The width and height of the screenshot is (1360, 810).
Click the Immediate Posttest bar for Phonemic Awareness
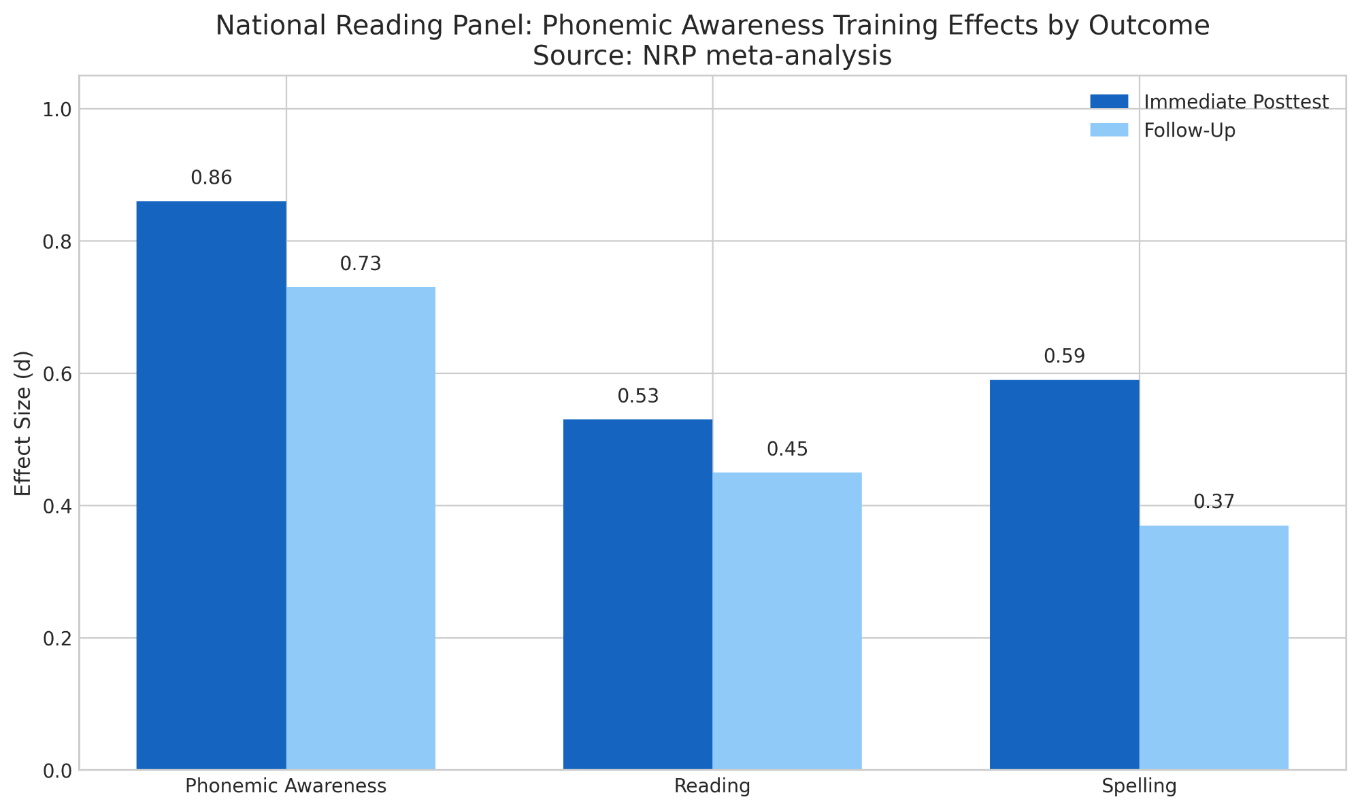point(211,486)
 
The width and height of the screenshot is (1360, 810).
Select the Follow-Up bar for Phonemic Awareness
point(361,528)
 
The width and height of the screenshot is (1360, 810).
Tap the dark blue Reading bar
point(637,594)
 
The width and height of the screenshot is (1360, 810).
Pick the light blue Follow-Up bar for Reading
point(787,621)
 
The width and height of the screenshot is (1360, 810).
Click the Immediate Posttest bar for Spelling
point(1064,575)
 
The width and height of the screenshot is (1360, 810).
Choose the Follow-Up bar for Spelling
point(1214,647)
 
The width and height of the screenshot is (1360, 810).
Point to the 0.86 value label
point(211,178)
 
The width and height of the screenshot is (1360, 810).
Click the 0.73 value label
point(361,264)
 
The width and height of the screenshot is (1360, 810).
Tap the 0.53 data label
point(637,396)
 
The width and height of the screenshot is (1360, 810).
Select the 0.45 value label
point(787,450)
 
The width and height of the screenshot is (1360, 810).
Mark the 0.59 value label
point(1064,356)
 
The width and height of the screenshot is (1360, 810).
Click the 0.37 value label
point(1214,503)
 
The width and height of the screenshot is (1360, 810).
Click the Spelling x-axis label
point(1139,787)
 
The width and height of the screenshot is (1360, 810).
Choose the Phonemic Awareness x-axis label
point(286,787)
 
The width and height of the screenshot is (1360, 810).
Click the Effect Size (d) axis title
point(23,423)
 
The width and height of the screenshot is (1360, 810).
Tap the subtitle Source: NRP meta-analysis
point(712,56)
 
